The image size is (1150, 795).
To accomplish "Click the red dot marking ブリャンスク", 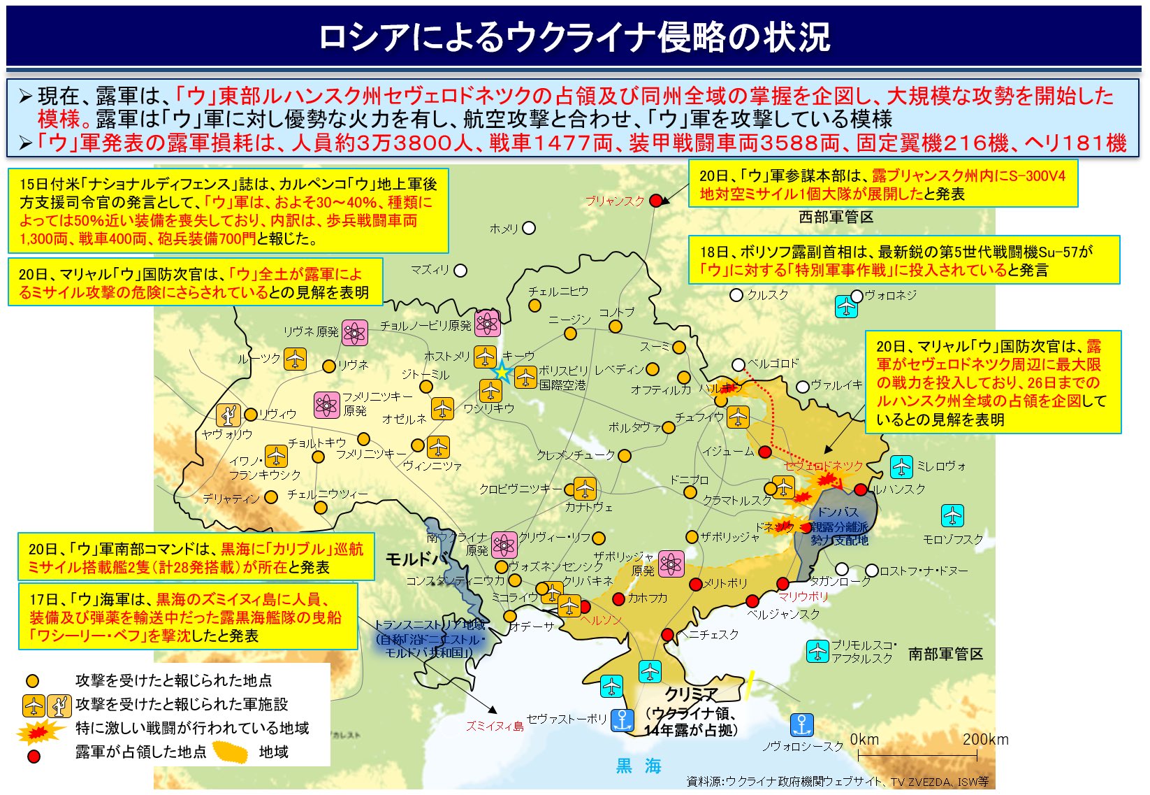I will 655,201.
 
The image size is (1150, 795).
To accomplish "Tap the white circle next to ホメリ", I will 529,228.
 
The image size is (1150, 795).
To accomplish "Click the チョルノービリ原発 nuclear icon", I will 487,323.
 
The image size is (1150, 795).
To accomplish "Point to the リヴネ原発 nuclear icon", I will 354,333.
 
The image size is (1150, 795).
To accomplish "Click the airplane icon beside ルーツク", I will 295,359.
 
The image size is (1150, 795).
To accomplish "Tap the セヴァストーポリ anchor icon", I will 621,719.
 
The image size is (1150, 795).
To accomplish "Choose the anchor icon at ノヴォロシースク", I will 801,724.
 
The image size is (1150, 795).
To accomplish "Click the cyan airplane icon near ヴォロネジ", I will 846,306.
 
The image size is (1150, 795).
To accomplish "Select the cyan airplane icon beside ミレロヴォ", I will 901,466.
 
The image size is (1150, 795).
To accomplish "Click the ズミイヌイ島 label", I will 495,726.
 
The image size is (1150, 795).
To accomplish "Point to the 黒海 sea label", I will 639,766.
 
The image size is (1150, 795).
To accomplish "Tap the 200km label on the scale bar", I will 985,739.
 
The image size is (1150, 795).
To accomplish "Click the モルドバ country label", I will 417,559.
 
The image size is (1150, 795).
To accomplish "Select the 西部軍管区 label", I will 836,217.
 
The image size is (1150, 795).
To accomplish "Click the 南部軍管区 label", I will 945,654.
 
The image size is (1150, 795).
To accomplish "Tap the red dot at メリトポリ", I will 695,584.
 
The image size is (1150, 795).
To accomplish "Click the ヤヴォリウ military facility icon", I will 228,415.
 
